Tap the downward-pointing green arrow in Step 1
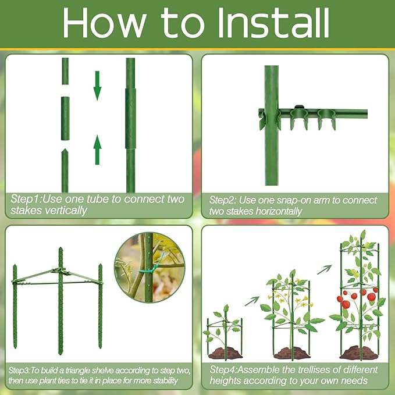coord(98,85)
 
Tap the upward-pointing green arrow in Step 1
coord(98,150)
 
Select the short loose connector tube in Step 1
coord(65,118)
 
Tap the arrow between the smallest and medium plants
coord(252,300)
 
